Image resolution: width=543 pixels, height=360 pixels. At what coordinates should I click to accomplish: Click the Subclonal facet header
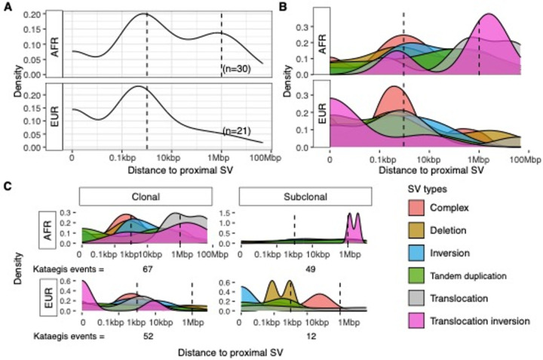tap(304, 196)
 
